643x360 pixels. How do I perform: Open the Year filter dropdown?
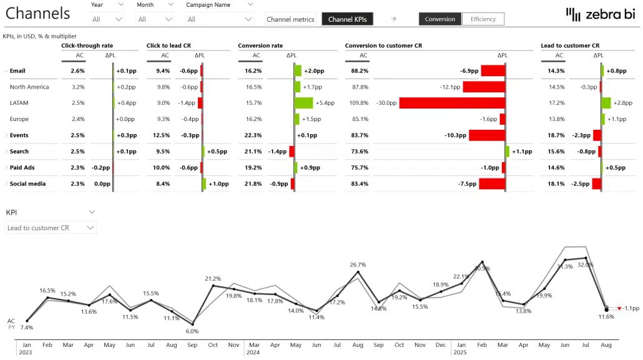tap(107, 19)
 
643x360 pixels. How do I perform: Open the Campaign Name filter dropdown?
tap(220, 19)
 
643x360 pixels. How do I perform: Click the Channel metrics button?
tap(290, 19)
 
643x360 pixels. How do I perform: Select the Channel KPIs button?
tap(347, 19)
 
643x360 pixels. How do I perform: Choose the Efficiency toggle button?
tap(483, 19)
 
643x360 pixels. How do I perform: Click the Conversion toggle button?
tap(440, 19)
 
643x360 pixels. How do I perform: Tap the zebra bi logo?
tap(599, 14)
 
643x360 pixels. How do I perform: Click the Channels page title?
tap(39, 13)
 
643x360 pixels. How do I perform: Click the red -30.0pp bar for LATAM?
tap(451, 103)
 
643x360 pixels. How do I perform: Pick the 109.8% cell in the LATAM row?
tap(360, 103)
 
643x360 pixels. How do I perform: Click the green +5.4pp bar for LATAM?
tap(304, 103)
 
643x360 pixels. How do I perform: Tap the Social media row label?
tap(27, 184)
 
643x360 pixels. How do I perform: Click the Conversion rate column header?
tap(260, 46)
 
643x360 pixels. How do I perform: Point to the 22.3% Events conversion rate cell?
tap(253, 135)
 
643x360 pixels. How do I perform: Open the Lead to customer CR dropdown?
tap(51, 228)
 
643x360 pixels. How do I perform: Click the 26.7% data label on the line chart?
tap(358, 265)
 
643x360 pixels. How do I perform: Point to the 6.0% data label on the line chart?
tap(192, 331)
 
